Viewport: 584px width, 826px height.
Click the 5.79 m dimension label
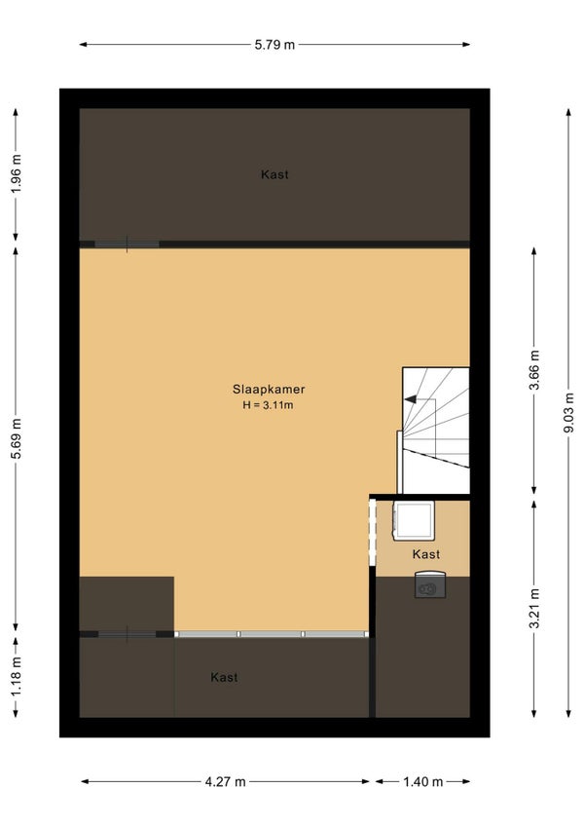coord(274,45)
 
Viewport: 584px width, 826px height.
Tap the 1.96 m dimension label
coord(17,173)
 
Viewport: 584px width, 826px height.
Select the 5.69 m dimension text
coord(17,438)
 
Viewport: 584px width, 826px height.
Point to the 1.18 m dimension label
coord(17,676)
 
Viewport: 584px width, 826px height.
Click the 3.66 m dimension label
coord(534,370)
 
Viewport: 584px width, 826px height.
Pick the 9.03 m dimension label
coord(569,412)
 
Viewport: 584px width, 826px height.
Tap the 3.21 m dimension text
coord(534,609)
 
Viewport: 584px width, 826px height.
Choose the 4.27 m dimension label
coord(226,782)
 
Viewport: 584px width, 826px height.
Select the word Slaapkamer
coord(269,390)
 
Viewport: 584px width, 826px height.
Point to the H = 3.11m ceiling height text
coord(268,405)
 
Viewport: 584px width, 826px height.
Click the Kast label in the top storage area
coord(274,174)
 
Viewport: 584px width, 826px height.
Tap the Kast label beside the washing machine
coord(426,554)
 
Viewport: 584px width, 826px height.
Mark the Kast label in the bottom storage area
coord(224,677)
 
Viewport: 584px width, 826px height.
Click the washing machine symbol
coord(414,520)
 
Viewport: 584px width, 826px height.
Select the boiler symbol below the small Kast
coord(430,584)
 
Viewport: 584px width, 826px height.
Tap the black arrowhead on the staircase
coord(410,399)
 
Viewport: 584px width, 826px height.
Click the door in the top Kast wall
coord(127,244)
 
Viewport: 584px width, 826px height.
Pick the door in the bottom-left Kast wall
coord(127,634)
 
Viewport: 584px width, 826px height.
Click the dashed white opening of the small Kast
coord(373,532)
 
